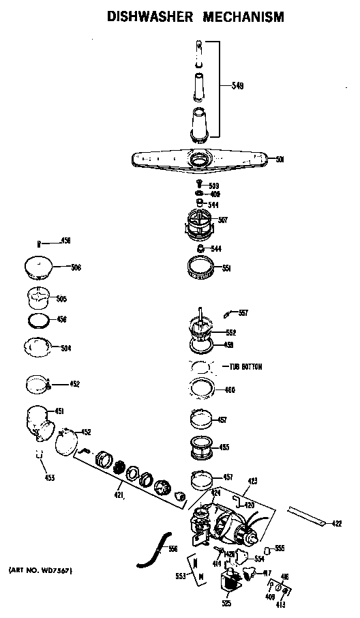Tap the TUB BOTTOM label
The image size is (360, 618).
point(243,367)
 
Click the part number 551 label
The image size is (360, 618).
point(226,268)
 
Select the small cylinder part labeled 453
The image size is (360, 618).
point(40,455)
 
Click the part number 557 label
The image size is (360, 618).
point(243,313)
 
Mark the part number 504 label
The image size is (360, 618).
point(65,349)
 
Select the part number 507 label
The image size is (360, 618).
point(223,220)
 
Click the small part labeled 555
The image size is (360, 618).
point(267,548)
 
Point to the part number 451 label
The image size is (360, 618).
point(59,411)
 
